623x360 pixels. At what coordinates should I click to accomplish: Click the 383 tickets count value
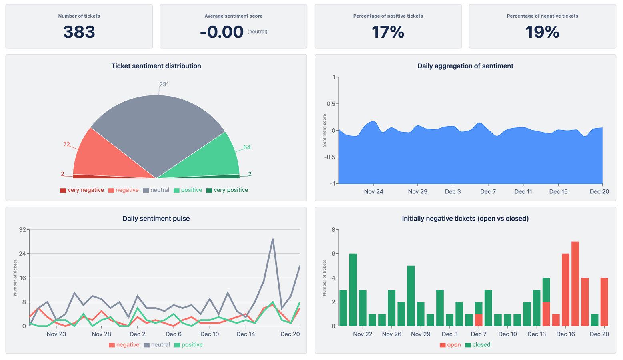(x=79, y=32)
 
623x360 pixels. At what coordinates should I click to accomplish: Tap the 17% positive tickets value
(x=388, y=32)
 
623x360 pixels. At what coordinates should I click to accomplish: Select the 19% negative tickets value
(x=542, y=32)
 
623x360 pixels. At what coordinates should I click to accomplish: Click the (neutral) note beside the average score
(x=257, y=32)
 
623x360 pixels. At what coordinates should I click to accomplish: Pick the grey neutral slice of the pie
(x=158, y=128)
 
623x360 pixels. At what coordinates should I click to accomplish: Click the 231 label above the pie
(x=164, y=84)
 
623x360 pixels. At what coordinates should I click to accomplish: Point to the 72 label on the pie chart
(x=66, y=144)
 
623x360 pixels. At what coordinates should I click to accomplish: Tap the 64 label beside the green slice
(x=247, y=147)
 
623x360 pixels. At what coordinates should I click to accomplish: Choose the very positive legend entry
(x=227, y=190)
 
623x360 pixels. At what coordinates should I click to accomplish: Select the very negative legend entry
(x=82, y=190)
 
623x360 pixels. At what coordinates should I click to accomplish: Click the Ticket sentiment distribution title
(x=156, y=66)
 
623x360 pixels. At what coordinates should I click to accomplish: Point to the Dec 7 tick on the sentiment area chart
(x=488, y=191)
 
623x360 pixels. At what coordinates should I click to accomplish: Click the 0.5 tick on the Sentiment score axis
(x=331, y=104)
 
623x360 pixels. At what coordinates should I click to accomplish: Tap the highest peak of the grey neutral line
(x=273, y=239)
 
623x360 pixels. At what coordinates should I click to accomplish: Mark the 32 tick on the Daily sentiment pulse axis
(x=22, y=230)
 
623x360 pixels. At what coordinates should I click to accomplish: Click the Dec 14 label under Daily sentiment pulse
(x=246, y=334)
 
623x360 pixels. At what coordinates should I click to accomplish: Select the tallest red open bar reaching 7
(x=575, y=280)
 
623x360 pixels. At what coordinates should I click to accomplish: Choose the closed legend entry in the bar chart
(x=478, y=345)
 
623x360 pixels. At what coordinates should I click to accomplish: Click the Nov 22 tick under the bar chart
(x=363, y=334)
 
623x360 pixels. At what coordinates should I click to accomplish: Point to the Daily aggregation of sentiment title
(x=465, y=66)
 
